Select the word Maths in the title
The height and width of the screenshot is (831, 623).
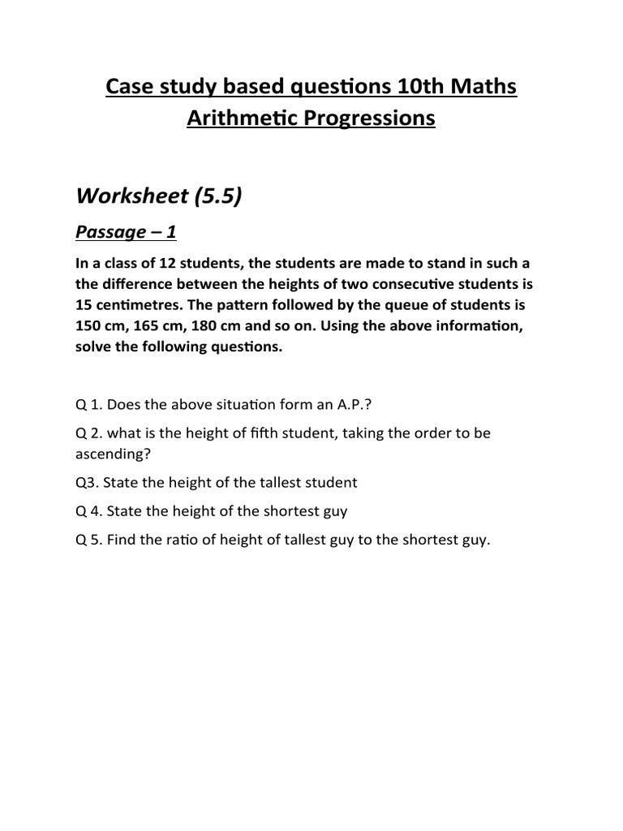(x=484, y=86)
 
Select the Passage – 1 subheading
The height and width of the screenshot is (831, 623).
(x=125, y=233)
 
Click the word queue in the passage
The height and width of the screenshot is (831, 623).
(x=385, y=306)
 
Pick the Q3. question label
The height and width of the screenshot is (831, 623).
(x=88, y=482)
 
